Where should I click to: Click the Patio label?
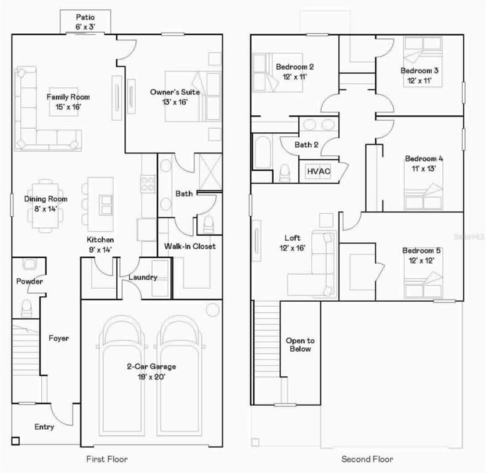[x=86, y=17]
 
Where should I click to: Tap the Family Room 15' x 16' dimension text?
[x=68, y=107]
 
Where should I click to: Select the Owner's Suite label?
[x=175, y=92]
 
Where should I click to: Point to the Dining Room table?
[x=46, y=206]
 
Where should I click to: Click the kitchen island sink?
[x=106, y=205]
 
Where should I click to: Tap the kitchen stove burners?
[x=148, y=184]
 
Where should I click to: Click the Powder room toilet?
[x=26, y=308]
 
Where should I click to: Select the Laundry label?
[x=143, y=277]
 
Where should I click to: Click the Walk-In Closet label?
[x=190, y=246]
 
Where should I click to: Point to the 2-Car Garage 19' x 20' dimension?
[x=151, y=377]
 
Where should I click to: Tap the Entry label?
[x=44, y=427]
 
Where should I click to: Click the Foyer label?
[x=58, y=338]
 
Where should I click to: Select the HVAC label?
[x=319, y=171]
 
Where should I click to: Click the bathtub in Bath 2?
[x=263, y=152]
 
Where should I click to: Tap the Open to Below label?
[x=300, y=344]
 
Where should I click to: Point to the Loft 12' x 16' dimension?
[x=293, y=248]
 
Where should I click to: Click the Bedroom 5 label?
[x=421, y=251]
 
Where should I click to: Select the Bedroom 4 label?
[x=424, y=159]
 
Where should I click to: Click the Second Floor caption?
[x=367, y=459]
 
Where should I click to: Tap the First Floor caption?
[x=107, y=459]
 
